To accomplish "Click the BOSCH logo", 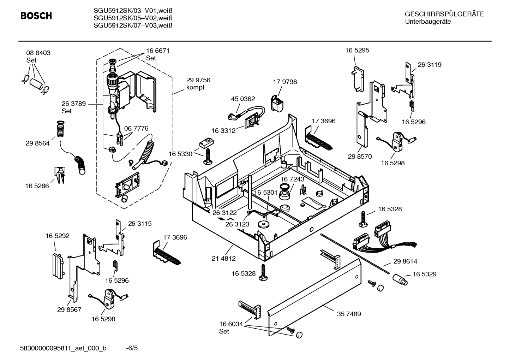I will [x=36, y=16].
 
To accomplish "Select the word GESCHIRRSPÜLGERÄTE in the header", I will [x=444, y=14].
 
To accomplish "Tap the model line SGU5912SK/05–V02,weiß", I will [x=133, y=18].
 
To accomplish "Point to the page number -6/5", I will [x=132, y=348].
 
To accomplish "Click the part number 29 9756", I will [x=198, y=80].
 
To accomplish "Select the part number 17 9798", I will [x=285, y=82].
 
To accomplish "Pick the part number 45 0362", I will [x=243, y=99].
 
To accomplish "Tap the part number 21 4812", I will [x=223, y=258].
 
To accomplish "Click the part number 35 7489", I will [x=349, y=314].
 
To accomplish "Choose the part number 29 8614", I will [x=405, y=261].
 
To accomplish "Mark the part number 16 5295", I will [x=357, y=50].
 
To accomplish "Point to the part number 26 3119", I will [x=429, y=65].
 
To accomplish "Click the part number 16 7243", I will [x=292, y=179].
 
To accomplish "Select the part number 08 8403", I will [x=38, y=53].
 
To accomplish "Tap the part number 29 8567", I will [x=69, y=309].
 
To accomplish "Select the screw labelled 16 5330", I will [x=208, y=156].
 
